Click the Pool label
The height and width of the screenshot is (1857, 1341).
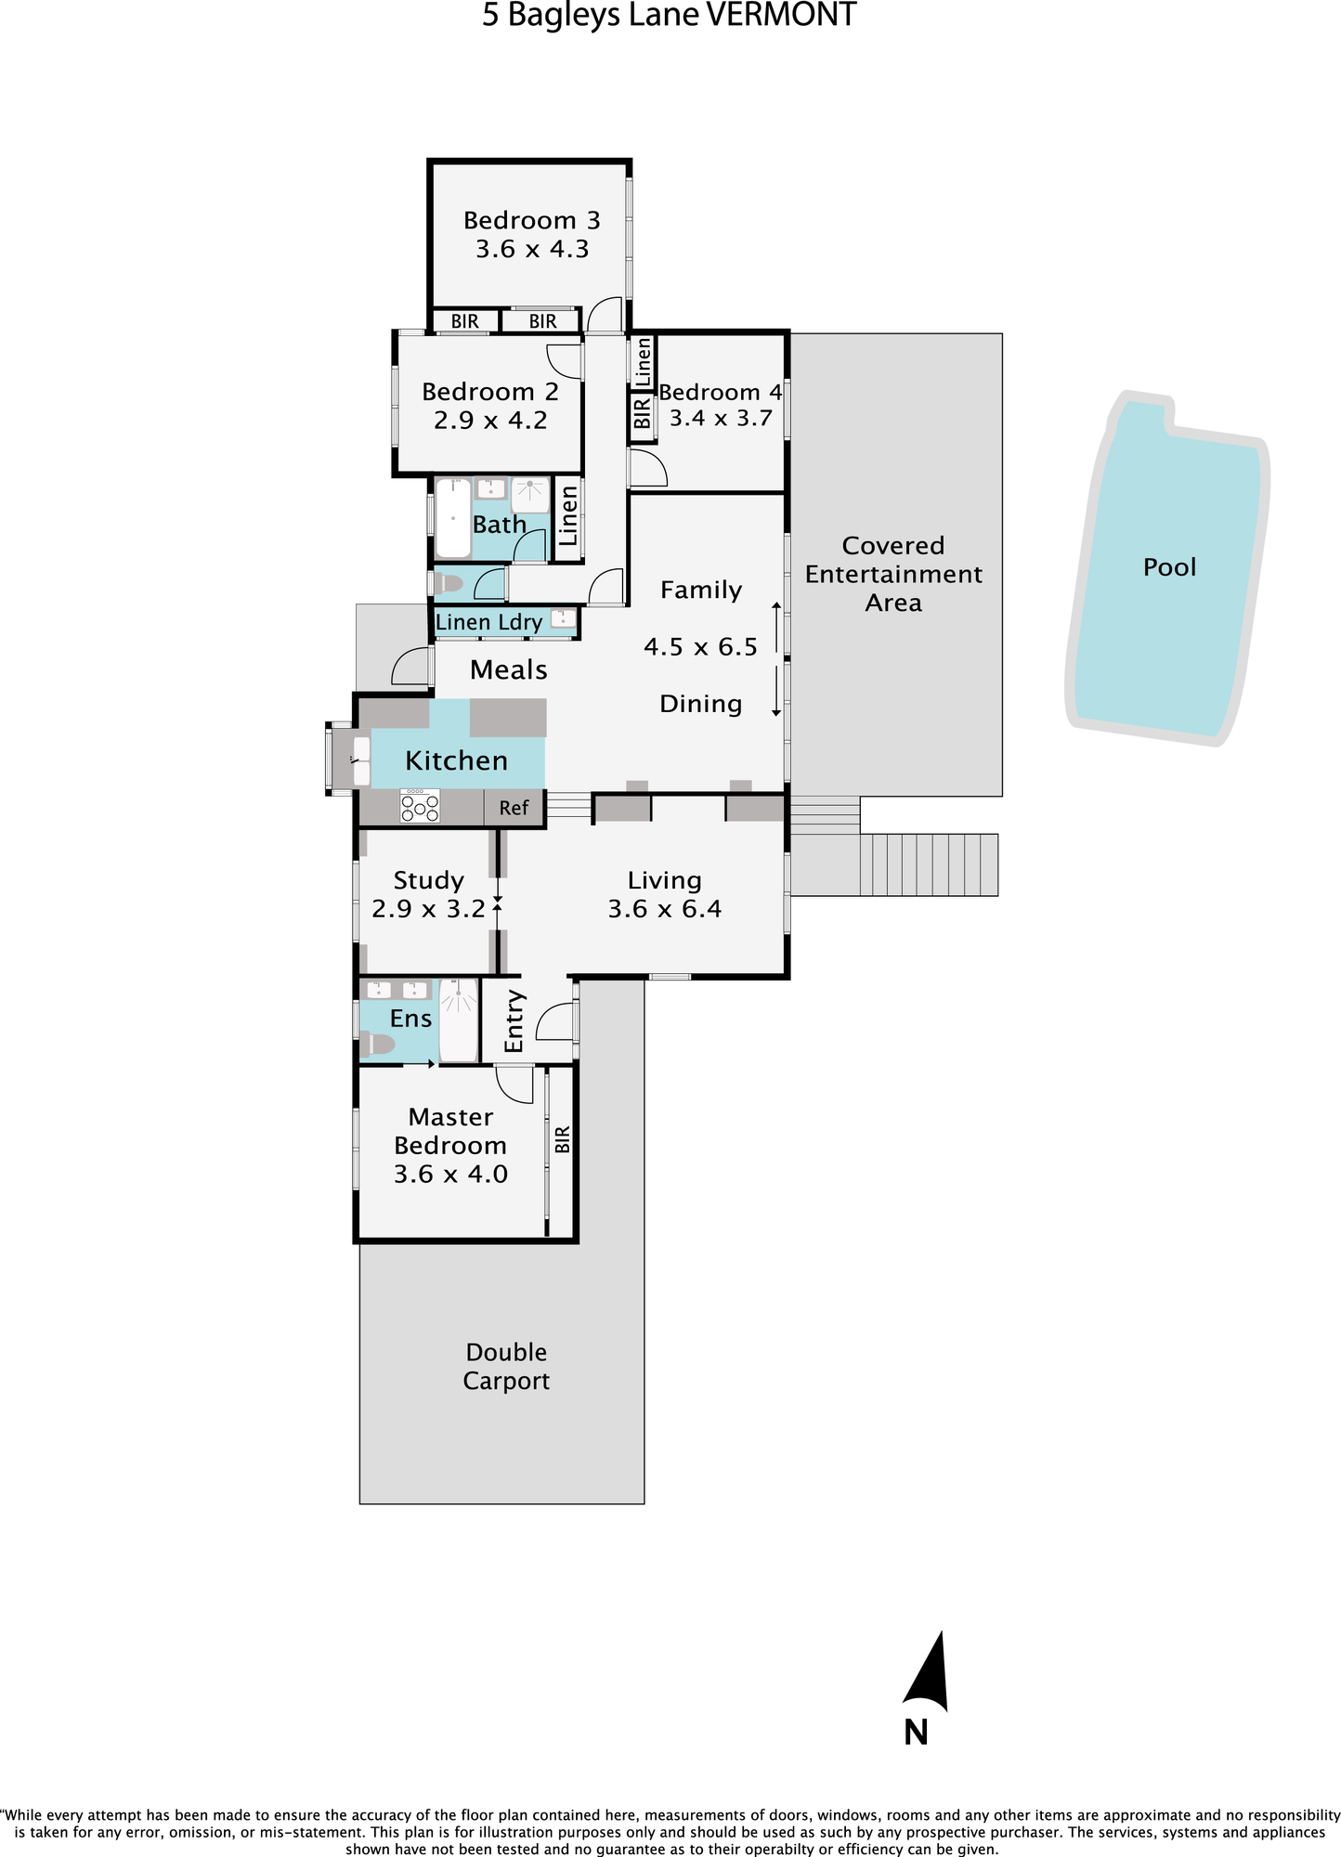[1169, 567]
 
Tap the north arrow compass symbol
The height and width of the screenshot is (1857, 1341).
[927, 1672]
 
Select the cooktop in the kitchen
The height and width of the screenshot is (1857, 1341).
[420, 805]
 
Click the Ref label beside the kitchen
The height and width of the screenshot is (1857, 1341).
[514, 808]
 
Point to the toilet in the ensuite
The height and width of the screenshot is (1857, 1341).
[377, 1045]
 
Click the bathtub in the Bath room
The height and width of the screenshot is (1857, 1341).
[453, 517]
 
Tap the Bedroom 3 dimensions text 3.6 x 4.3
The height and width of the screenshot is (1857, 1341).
[532, 249]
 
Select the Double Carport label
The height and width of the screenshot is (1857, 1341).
[506, 1366]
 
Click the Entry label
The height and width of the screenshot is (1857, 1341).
[514, 1020]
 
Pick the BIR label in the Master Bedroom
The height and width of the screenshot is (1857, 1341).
[562, 1139]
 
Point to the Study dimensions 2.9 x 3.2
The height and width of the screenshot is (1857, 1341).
[428, 909]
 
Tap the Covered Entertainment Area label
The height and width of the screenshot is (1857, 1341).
[893, 574]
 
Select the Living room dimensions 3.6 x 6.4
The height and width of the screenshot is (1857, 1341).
[665, 909]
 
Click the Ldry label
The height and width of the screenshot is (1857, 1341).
[520, 623]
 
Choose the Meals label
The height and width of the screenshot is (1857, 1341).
[509, 669]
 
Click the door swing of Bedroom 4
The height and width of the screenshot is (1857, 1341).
[648, 467]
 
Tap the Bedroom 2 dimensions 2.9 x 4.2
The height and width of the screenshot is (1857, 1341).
[490, 421]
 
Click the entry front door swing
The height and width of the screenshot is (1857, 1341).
[555, 1020]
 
